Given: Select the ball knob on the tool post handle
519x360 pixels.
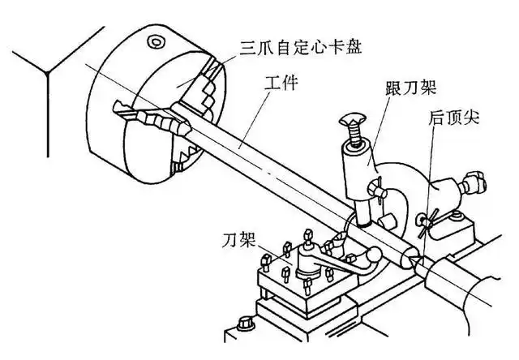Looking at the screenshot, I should coord(374,256).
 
